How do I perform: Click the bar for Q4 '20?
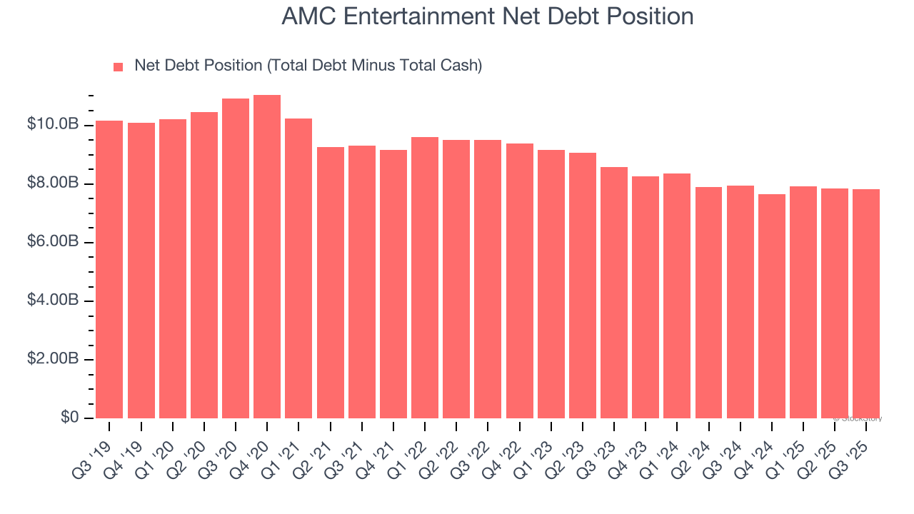[x=267, y=257]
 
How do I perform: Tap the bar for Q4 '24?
[x=772, y=306]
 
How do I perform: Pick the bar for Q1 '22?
[x=425, y=278]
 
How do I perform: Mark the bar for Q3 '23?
[x=614, y=293]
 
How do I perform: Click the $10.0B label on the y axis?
[x=52, y=125]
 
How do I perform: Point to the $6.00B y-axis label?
[x=52, y=242]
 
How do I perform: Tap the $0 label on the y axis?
[x=69, y=418]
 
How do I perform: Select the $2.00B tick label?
[x=52, y=359]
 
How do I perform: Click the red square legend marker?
[x=119, y=67]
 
